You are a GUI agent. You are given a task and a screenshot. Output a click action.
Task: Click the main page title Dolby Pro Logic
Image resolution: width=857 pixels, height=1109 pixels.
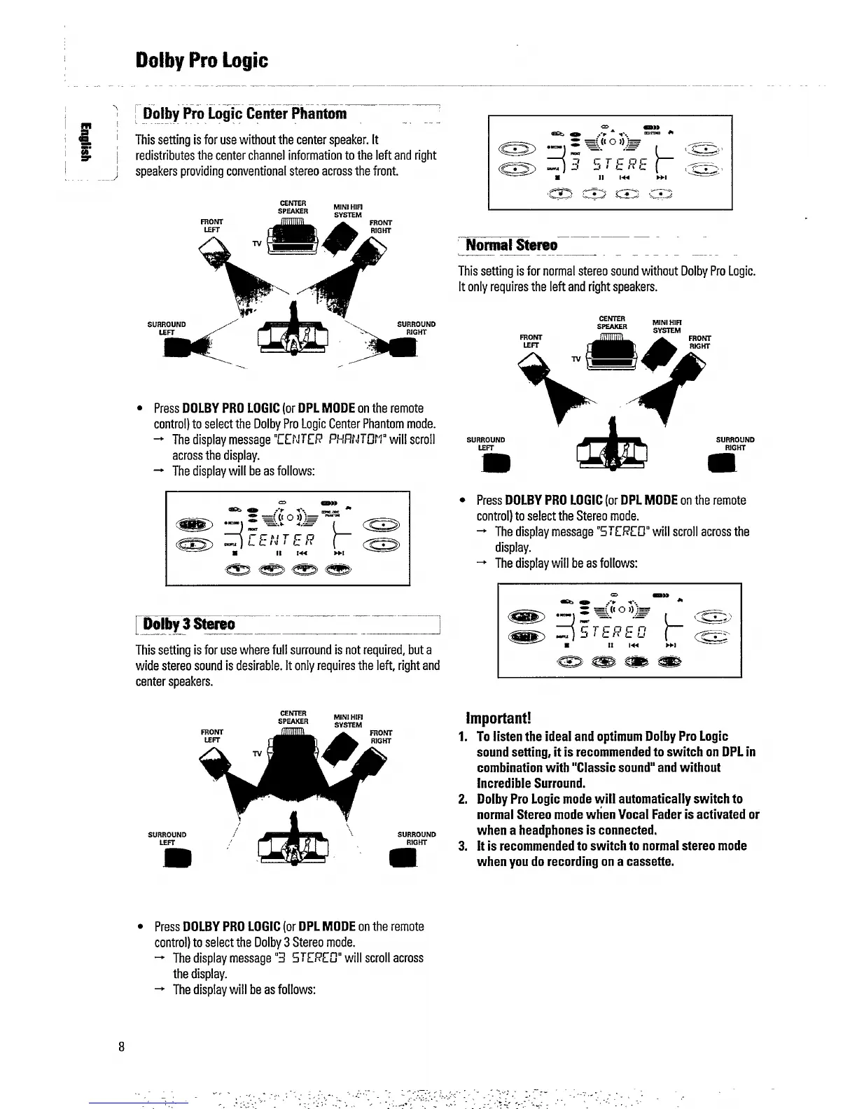(202, 60)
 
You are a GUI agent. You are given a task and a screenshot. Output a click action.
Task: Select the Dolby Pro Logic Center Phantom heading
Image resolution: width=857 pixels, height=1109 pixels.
(245, 113)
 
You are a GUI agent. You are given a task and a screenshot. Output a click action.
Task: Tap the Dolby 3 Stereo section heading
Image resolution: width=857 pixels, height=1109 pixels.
(189, 624)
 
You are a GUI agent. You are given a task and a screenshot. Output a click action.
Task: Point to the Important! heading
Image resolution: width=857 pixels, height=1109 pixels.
(499, 719)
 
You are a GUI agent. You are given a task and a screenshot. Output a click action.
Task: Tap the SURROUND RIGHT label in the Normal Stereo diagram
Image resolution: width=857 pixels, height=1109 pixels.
(734, 444)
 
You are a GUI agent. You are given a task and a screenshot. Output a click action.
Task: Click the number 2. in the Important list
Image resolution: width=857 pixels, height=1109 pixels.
(463, 799)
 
